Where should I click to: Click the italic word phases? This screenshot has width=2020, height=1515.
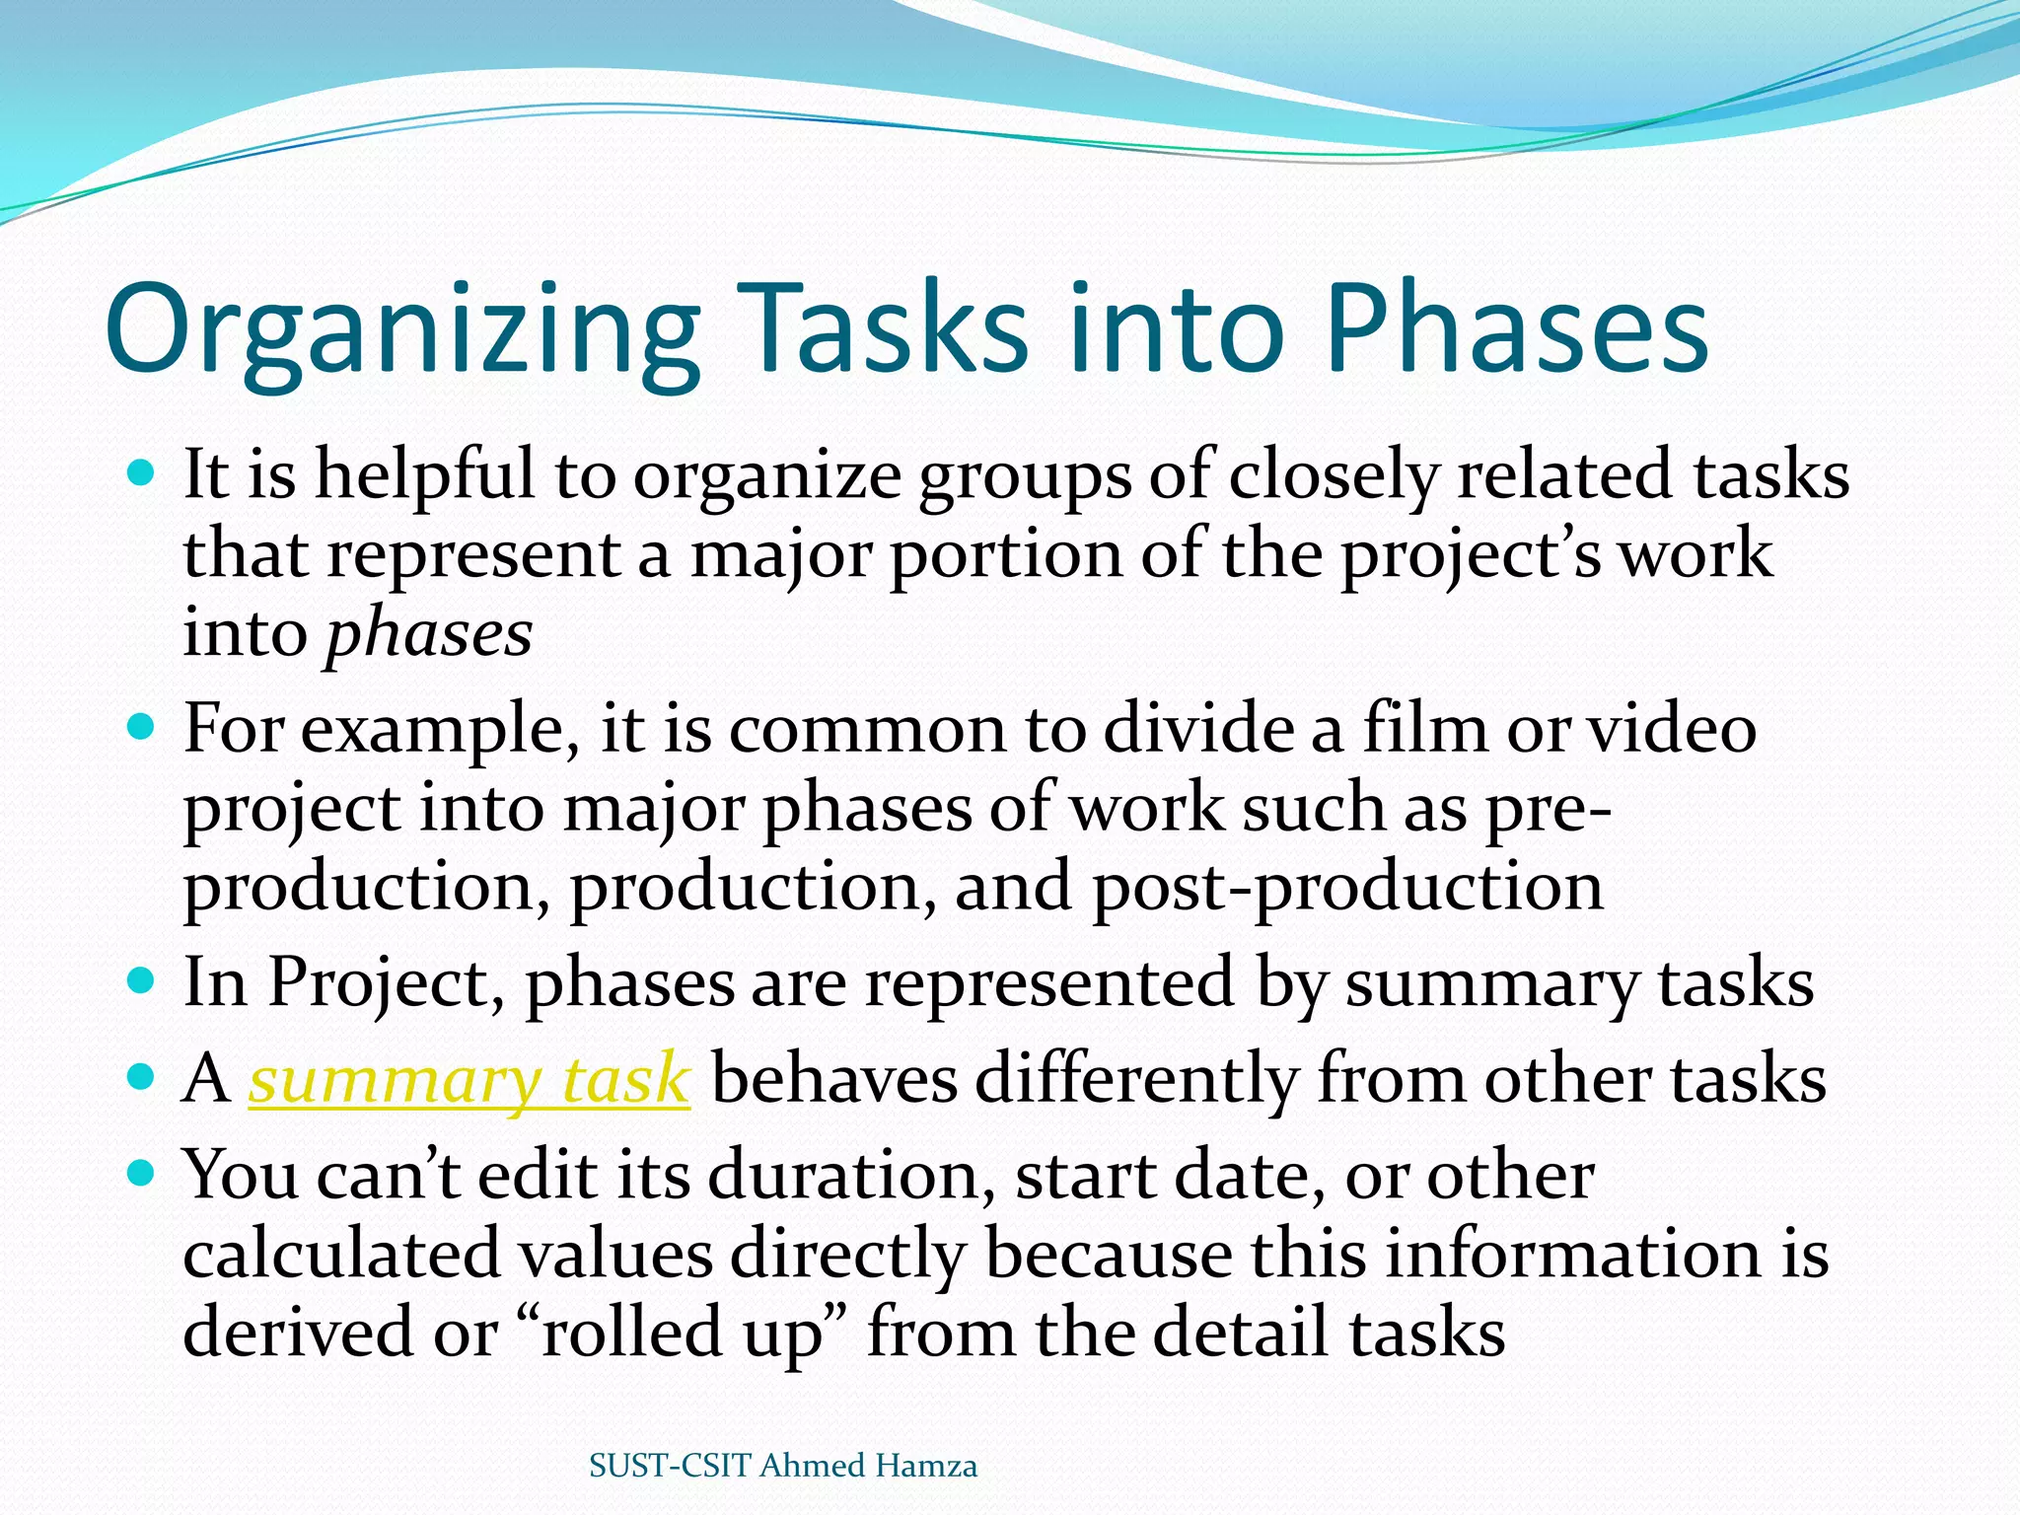pyautogui.click(x=429, y=633)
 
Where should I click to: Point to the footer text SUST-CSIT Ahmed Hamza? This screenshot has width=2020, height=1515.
pyautogui.click(x=783, y=1466)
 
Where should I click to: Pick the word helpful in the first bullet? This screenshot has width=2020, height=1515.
pyautogui.click(x=425, y=475)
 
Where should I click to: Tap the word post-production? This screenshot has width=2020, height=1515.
pyautogui.click(x=1347, y=887)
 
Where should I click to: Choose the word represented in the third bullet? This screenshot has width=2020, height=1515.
pyautogui.click(x=1049, y=982)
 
